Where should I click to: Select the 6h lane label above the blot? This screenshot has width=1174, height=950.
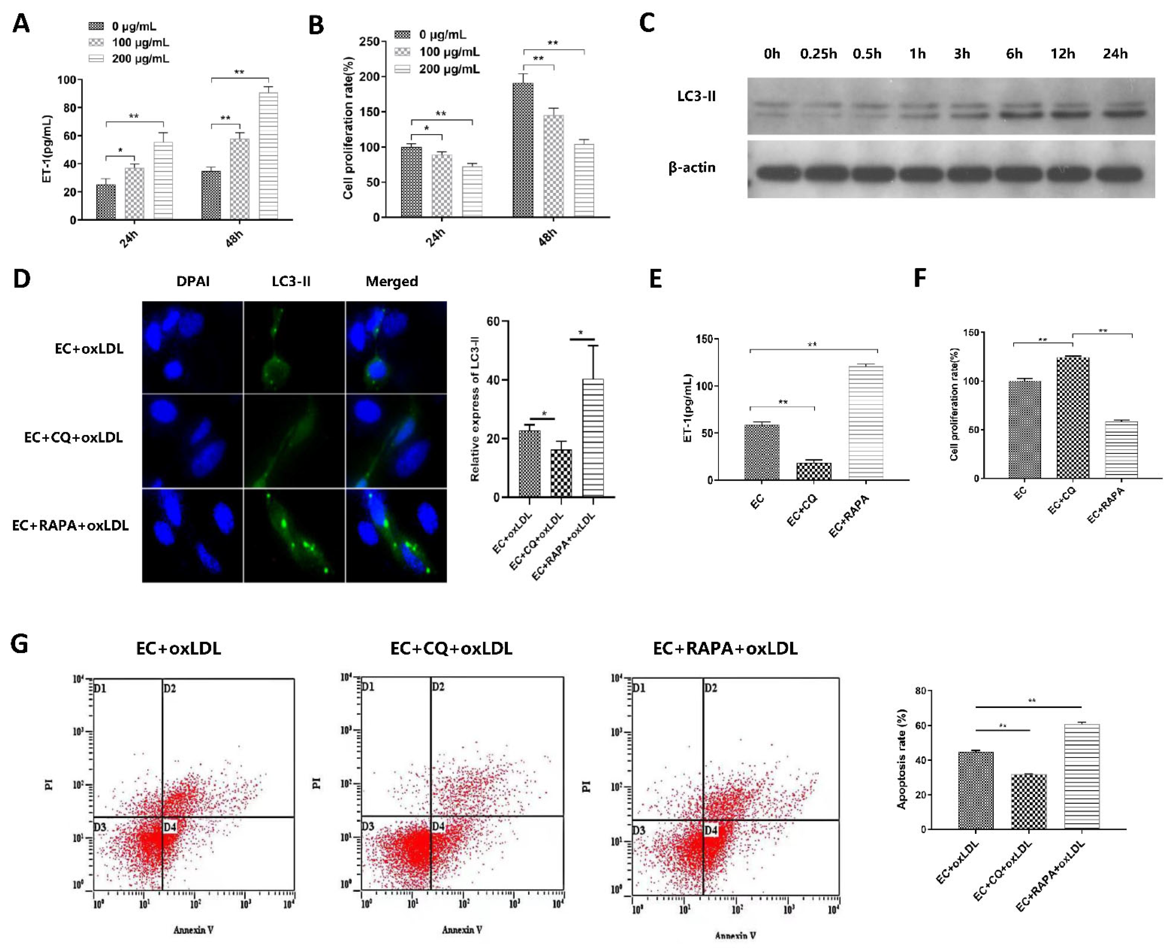point(1014,54)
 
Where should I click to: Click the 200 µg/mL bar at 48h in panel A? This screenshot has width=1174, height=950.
point(268,156)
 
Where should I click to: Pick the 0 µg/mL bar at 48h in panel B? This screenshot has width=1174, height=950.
point(522,150)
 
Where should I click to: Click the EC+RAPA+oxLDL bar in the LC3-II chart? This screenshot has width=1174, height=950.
point(593,438)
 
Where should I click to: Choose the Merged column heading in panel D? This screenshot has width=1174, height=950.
point(392,281)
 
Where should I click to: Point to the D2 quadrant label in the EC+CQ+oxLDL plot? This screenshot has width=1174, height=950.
point(438,687)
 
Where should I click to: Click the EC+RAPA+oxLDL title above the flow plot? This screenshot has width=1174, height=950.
point(725,649)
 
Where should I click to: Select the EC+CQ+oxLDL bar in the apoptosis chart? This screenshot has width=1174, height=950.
point(1028,802)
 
